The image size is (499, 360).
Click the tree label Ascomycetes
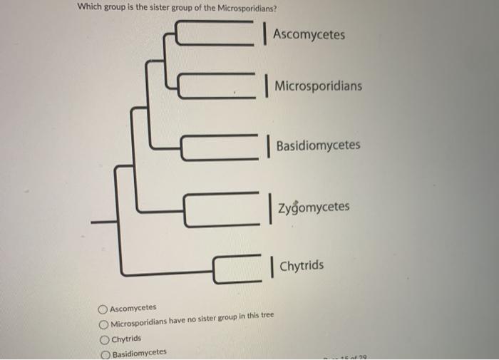(x=308, y=34)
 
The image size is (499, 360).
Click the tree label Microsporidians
(x=318, y=86)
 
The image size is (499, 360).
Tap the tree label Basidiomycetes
(x=318, y=145)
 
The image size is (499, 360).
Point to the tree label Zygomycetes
(x=314, y=207)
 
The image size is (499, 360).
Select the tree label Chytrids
(x=301, y=266)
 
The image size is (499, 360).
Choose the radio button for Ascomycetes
(x=104, y=309)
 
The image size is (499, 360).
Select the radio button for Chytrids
(x=104, y=339)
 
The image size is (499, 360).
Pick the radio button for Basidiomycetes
(x=105, y=353)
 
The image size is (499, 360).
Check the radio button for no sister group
(x=104, y=324)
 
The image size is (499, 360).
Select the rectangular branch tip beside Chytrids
(x=236, y=268)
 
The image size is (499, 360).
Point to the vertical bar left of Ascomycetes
(x=264, y=34)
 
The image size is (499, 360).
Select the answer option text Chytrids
(x=126, y=339)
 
